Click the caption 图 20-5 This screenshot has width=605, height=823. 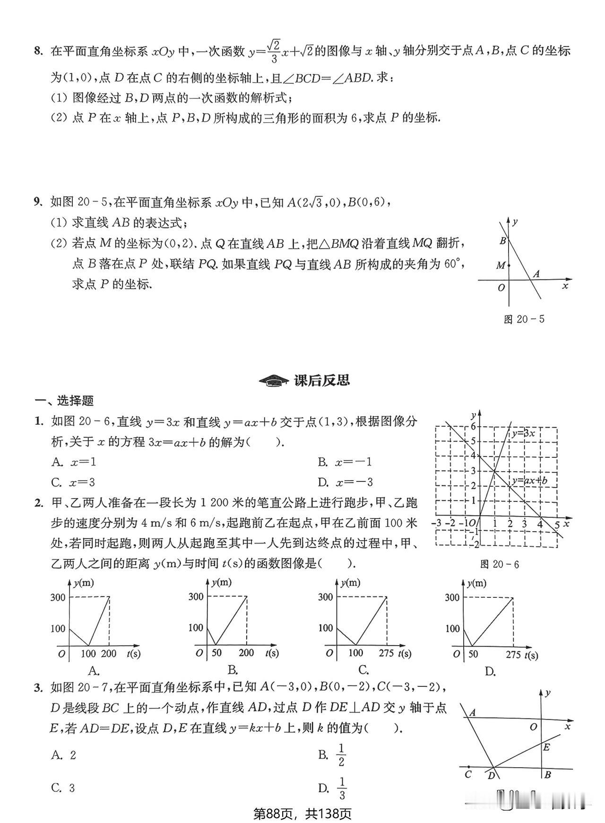(x=524, y=319)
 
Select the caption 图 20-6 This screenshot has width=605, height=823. (x=499, y=564)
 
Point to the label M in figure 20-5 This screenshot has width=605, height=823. (x=500, y=266)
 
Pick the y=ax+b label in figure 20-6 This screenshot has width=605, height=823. (x=529, y=481)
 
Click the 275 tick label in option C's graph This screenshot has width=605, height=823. (x=387, y=653)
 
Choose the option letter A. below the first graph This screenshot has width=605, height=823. (x=94, y=670)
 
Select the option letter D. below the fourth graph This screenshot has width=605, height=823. (x=490, y=672)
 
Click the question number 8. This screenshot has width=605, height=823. (x=38, y=51)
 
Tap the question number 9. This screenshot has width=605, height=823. (x=38, y=202)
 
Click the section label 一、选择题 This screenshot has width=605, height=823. (x=64, y=401)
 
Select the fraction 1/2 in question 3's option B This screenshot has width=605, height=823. (x=341, y=755)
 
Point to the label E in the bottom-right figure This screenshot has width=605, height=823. (x=546, y=747)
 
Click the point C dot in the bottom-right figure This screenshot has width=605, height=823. (x=468, y=767)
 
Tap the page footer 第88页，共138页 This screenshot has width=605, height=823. (x=302, y=814)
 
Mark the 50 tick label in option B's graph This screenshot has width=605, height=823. (x=216, y=653)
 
